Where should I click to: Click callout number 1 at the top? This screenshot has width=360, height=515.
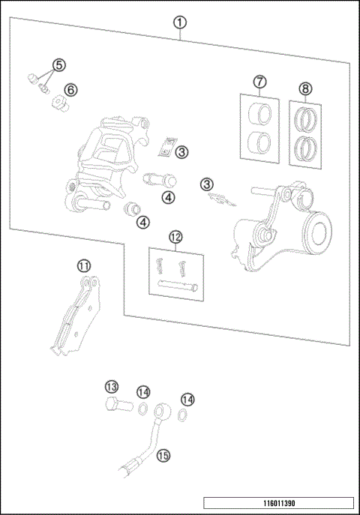180,22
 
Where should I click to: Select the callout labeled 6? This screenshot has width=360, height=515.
70,90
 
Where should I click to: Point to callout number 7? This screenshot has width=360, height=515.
259,82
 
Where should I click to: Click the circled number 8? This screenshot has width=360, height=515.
305,88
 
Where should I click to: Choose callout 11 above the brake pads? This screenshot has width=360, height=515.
84,265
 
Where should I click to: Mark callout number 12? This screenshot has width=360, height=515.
175,238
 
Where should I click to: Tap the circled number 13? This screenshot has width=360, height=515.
111,387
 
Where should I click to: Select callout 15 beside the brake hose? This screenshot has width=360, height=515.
163,454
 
